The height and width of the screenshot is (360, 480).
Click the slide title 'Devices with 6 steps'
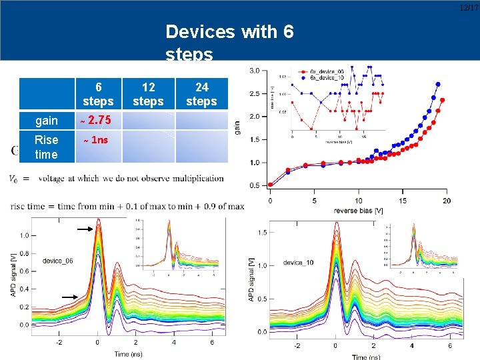pos(229,41)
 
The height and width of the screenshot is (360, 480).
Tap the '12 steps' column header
pos(148,94)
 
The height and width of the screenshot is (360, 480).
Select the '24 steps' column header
pos(201,94)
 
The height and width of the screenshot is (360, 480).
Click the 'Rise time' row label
pos(47,147)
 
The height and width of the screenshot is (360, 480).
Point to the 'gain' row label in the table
pos(47,121)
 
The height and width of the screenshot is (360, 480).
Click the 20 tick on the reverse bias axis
pos(446,201)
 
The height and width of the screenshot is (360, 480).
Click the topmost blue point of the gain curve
pos(438,85)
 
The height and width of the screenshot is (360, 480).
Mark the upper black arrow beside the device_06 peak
pos(85,229)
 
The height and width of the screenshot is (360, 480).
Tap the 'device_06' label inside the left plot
pos(58,261)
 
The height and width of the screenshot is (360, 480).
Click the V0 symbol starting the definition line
pos(14,178)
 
